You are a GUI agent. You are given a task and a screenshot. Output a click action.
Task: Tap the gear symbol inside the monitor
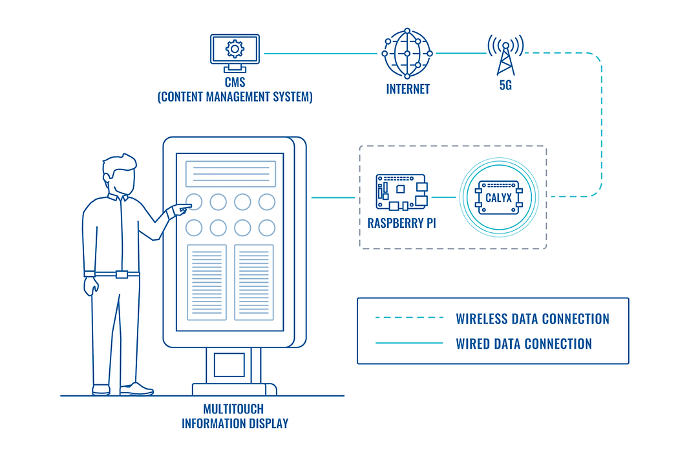pos(234,48)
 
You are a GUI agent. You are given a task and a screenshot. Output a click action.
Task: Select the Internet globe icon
pos(407,53)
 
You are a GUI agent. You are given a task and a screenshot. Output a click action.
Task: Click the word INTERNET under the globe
pos(408,89)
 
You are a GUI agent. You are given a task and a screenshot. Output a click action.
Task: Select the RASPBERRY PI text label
pos(401,224)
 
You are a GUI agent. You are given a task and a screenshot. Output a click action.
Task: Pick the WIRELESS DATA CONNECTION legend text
pos(533,319)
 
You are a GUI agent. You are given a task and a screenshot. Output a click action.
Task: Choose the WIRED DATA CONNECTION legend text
pos(524,344)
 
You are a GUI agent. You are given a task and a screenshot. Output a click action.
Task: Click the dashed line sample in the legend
pos(409,318)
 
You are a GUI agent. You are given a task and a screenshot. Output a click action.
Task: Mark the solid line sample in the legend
pos(409,343)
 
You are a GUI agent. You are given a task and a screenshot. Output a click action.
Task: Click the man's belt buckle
pos(122,274)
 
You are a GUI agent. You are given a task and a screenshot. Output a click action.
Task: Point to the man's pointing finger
pos(187,207)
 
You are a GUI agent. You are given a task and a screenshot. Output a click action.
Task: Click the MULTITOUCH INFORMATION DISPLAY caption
pos(234,417)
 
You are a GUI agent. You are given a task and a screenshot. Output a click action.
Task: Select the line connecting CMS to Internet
pos(321,53)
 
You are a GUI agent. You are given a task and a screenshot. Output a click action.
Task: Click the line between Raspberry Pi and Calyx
pos(443,197)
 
